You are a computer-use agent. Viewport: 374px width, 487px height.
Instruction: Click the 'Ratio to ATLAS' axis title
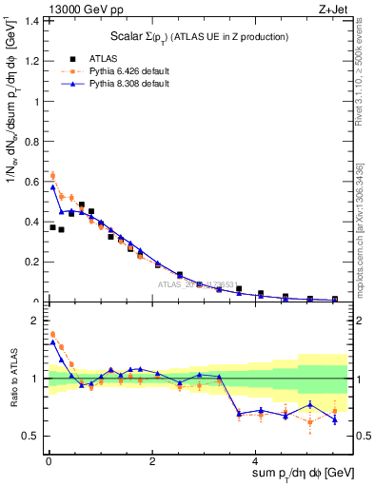pyautogui.click(x=12, y=378)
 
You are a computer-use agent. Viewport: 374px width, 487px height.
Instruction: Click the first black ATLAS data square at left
pyautogui.click(x=52, y=227)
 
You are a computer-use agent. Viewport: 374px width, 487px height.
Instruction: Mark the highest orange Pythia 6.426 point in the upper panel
pyautogui.click(x=52, y=176)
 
